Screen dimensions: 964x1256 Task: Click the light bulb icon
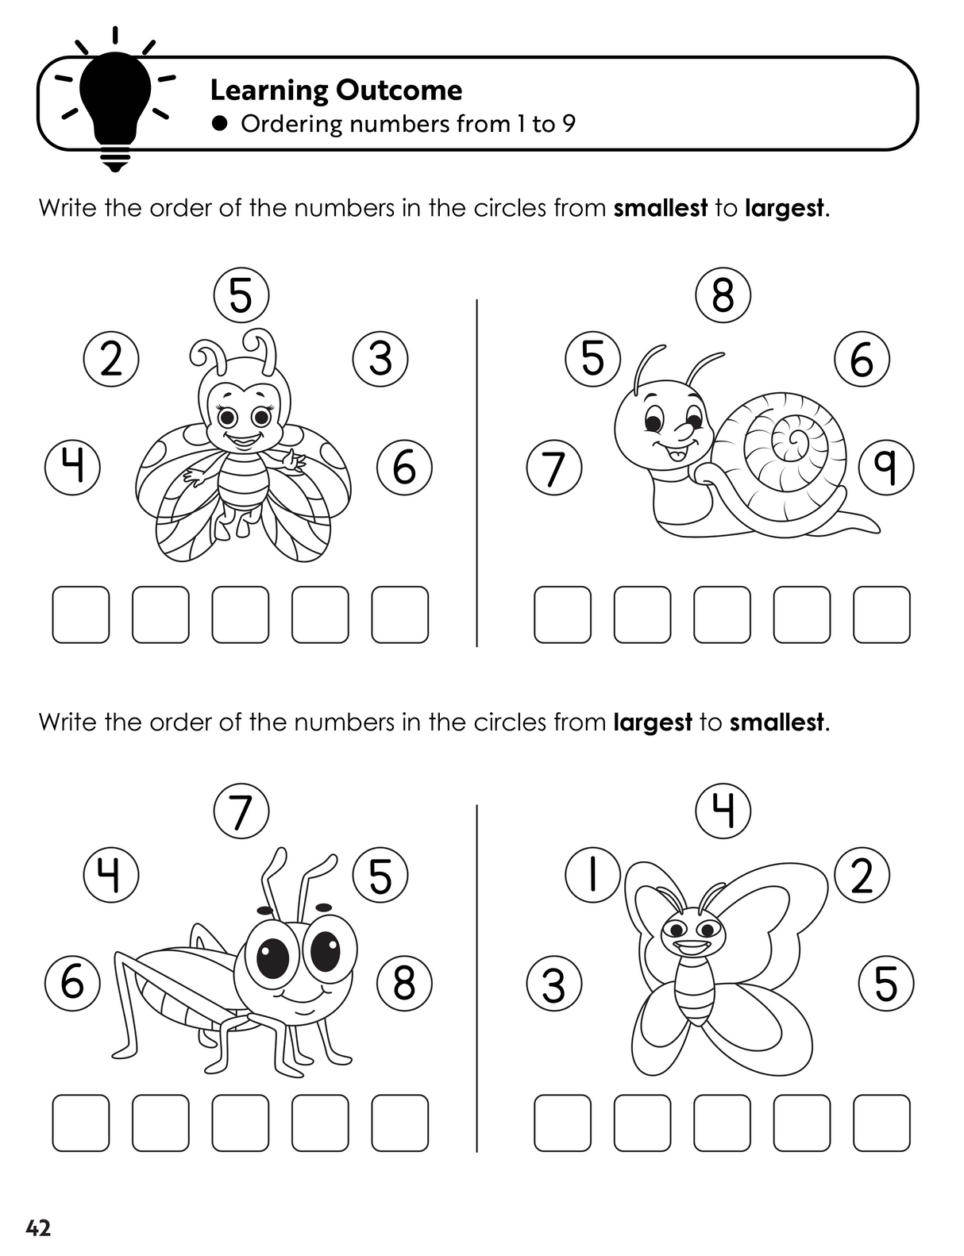point(115,104)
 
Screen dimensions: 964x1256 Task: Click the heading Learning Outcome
point(336,91)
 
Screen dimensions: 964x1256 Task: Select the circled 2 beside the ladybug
point(111,359)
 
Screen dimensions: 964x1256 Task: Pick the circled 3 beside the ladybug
point(380,358)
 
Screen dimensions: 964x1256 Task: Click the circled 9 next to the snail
point(886,468)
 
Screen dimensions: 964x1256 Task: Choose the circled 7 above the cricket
point(241,811)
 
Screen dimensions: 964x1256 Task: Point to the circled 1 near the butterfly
point(593,875)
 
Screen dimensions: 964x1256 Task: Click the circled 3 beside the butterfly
point(554,983)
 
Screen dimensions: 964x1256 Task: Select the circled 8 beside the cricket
point(404,983)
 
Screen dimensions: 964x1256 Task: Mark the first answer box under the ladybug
point(81,615)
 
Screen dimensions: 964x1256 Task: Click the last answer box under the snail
point(881,615)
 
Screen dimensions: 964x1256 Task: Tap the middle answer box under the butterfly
point(722,1123)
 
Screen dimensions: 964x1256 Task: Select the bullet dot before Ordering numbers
point(218,124)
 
